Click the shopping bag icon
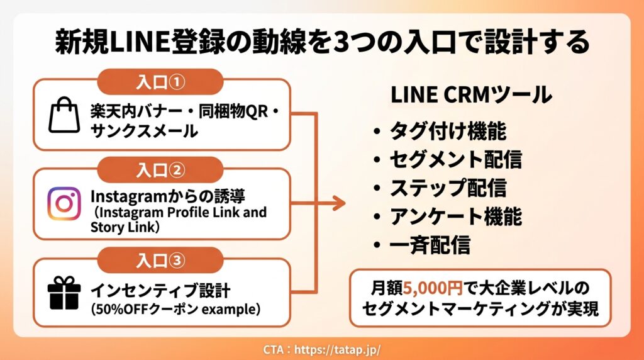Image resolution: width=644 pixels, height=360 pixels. click(x=65, y=115)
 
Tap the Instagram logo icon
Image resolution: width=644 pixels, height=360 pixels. click(x=64, y=203)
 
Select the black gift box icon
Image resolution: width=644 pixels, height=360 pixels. click(x=64, y=293)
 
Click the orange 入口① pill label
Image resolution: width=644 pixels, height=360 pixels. click(x=160, y=81)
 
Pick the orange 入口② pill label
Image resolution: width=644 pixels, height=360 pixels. click(x=160, y=169)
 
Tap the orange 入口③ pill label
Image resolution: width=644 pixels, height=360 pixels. click(x=160, y=260)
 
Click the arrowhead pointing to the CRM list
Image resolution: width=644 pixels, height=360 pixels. click(x=339, y=203)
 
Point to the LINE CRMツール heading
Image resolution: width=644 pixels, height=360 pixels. click(x=471, y=94)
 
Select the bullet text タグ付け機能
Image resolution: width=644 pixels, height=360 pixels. click(x=448, y=131)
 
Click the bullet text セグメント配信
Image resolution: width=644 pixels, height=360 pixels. click(x=456, y=159)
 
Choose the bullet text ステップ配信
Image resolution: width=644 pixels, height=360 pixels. click(x=448, y=188)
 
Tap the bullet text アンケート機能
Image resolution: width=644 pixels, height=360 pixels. click(x=456, y=216)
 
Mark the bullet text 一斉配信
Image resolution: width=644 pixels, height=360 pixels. click(x=430, y=245)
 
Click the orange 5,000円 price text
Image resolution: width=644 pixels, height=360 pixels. click(x=433, y=288)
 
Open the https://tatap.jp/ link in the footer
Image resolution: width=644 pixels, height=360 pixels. click(x=338, y=350)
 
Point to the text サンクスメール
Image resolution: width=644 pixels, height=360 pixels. click(x=144, y=131)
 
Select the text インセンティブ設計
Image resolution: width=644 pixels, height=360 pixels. click(x=160, y=291)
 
